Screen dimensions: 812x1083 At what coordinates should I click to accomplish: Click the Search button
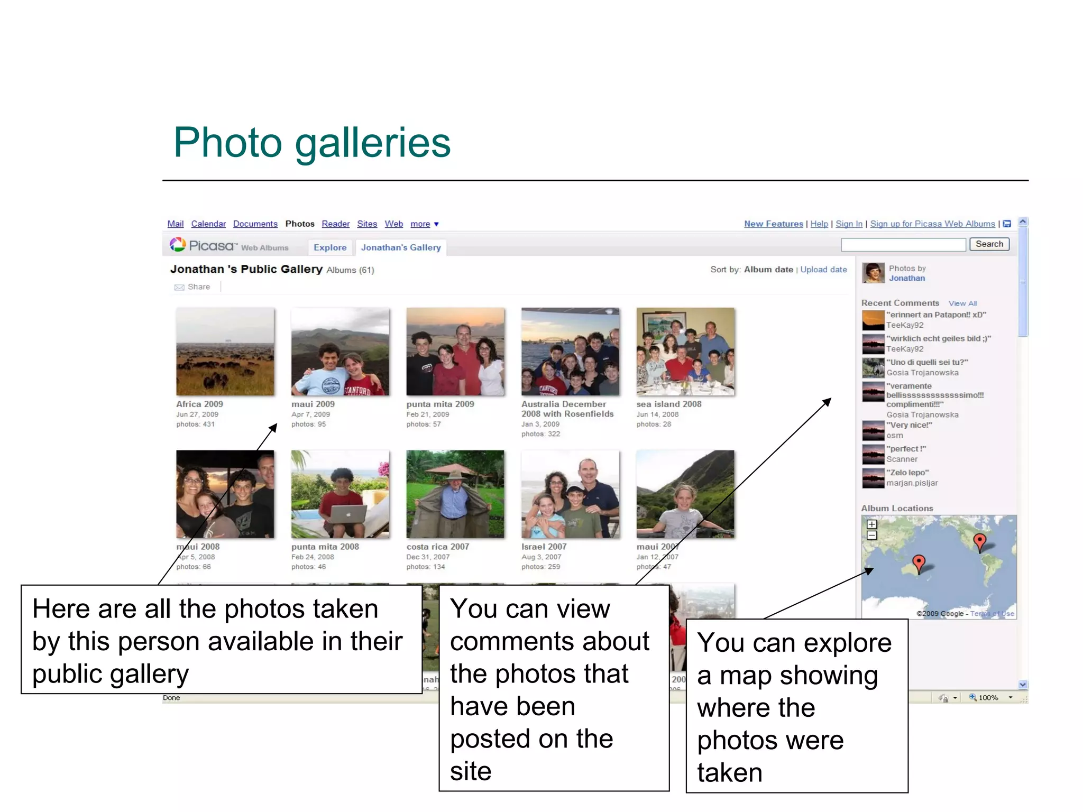(989, 244)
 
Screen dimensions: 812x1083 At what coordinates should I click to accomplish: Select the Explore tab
(330, 247)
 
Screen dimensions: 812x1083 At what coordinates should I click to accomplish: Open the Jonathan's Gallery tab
(401, 247)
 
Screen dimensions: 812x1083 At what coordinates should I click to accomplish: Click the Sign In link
(849, 224)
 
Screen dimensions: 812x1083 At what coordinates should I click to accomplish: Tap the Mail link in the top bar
(176, 224)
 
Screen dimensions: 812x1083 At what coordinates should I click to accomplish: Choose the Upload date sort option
(823, 270)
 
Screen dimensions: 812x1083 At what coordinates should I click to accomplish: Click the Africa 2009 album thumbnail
(225, 352)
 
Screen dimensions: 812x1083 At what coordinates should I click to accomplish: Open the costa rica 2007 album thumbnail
(455, 494)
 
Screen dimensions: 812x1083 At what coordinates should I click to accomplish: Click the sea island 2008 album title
(668, 404)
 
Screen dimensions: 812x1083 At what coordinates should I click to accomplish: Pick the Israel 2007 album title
(544, 547)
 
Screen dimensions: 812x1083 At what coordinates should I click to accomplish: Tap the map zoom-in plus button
(872, 524)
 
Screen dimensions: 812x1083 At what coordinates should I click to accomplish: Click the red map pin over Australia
(919, 562)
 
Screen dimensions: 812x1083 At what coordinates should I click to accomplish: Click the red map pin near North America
(980, 541)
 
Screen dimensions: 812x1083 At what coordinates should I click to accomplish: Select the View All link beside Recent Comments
(962, 303)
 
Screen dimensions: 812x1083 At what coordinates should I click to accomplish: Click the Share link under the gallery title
(198, 287)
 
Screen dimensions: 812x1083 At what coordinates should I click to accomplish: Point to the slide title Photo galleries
(312, 143)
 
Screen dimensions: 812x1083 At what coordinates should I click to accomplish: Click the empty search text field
(903, 244)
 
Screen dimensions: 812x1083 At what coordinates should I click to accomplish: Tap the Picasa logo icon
(178, 245)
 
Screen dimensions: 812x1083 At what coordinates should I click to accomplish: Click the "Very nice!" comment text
(909, 425)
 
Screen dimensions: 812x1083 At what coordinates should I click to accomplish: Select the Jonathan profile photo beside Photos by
(873, 273)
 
